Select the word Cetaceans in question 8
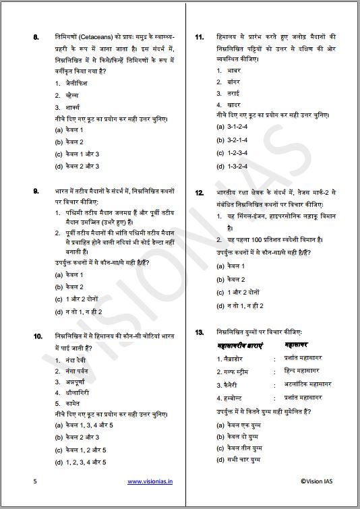[x=99, y=36]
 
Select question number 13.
[x=199, y=333]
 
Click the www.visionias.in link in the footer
[x=150, y=482]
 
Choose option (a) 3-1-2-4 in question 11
[x=232, y=127]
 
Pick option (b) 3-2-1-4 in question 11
[x=232, y=140]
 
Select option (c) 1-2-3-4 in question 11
[x=232, y=153]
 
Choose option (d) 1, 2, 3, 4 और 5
[x=81, y=462]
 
